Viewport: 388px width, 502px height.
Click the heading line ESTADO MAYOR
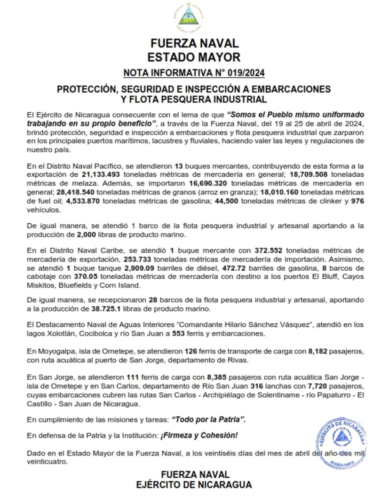194,57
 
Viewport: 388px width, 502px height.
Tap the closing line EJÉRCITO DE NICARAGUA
194,484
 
